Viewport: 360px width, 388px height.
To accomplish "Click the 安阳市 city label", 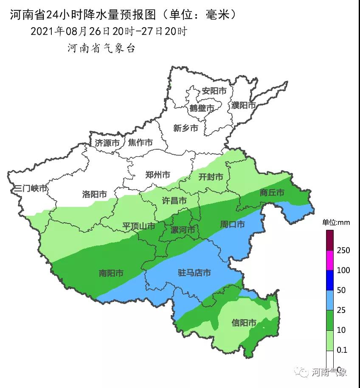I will [x=214, y=91].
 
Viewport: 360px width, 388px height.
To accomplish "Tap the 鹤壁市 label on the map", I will [x=202, y=109].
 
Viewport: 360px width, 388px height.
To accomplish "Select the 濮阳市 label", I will [x=244, y=105].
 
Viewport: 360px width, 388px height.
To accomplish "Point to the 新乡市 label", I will [x=186, y=128].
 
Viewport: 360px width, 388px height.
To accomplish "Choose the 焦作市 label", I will [x=141, y=143].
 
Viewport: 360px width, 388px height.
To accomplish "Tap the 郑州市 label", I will [x=157, y=175].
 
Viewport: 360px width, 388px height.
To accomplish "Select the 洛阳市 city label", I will [x=94, y=194].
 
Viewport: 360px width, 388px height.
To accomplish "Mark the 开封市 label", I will [x=211, y=177].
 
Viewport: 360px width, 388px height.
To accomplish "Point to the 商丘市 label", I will [x=272, y=193].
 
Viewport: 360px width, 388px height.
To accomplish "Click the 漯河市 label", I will [x=183, y=230].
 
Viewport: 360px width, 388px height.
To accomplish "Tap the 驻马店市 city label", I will [x=194, y=273].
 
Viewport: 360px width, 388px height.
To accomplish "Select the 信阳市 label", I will [x=244, y=323].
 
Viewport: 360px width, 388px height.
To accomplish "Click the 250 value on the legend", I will [x=343, y=250].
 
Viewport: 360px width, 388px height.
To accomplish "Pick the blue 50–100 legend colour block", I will [x=330, y=280].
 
